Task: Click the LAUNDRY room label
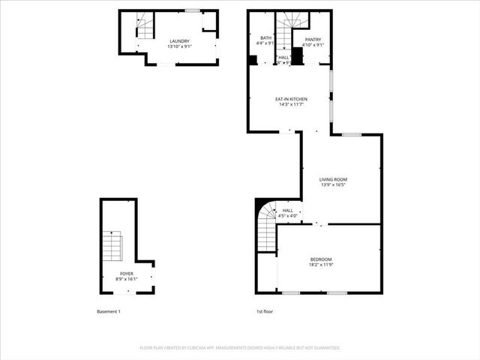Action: click(x=179, y=41)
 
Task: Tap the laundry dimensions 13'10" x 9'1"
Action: click(x=179, y=46)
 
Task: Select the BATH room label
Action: click(x=266, y=38)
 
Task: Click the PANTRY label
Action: click(x=313, y=39)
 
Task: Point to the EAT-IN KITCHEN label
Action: click(x=291, y=99)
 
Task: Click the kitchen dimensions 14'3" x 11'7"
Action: click(x=291, y=104)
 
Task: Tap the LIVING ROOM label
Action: click(x=334, y=179)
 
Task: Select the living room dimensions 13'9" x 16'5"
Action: click(x=334, y=184)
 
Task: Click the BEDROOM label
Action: click(x=321, y=259)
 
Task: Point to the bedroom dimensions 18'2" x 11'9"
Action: click(x=321, y=265)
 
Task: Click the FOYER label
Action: click(x=127, y=274)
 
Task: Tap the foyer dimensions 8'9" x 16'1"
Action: click(x=127, y=280)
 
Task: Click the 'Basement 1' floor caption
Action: click(x=109, y=311)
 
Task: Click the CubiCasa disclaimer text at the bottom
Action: click(x=240, y=348)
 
